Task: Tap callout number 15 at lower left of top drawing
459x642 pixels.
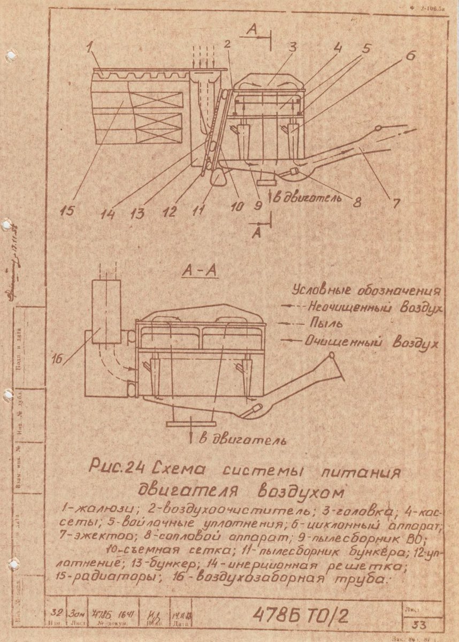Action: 67,210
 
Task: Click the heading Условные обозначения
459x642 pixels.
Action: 366,291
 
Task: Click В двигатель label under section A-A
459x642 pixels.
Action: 243,440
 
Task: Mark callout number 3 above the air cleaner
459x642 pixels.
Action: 292,47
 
